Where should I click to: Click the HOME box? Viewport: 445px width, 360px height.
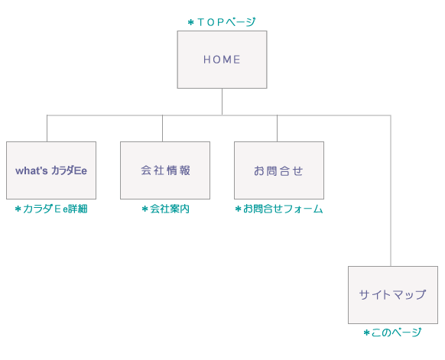tap(222, 60)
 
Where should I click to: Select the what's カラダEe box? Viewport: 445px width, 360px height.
tap(51, 170)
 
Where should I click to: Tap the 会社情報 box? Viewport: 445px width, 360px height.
tap(165, 170)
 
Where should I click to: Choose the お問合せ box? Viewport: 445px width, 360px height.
tap(278, 170)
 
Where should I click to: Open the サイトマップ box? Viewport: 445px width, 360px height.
tap(392, 294)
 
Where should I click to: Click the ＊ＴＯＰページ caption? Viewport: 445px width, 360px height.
tap(222, 22)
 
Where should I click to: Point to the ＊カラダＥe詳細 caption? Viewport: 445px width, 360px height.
tap(51, 209)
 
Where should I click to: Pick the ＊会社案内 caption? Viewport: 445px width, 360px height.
tap(165, 209)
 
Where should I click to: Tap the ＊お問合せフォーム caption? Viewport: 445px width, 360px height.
tap(278, 209)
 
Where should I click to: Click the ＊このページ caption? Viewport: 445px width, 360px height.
tap(392, 332)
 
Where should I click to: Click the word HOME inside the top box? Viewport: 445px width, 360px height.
tap(222, 60)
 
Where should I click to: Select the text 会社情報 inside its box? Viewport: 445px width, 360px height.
tap(165, 170)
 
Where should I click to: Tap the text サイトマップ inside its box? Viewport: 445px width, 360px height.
tap(392, 294)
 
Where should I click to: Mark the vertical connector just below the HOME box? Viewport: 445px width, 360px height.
tap(222, 102)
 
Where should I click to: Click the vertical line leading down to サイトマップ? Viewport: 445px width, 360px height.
tap(391, 191)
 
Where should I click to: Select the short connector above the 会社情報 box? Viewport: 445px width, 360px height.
tap(162, 128)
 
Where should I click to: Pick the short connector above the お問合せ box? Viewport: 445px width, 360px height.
tap(277, 128)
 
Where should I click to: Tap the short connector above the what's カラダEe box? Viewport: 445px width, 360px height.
tap(47, 128)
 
